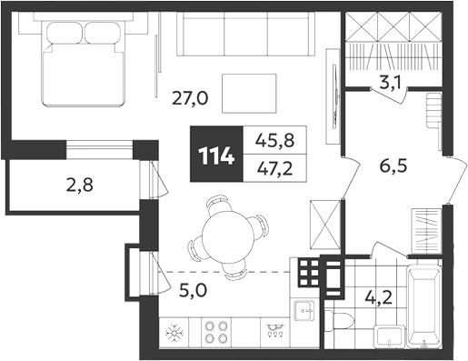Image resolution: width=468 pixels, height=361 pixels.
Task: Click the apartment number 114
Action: click(216, 156)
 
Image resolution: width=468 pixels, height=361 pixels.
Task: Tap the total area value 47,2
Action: click(274, 169)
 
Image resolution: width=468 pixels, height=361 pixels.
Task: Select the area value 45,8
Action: click(274, 140)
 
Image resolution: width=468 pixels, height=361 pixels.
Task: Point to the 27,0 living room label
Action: click(190, 98)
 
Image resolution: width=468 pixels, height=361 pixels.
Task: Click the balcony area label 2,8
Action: click(80, 186)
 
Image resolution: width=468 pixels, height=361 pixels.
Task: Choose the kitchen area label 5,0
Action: click(193, 290)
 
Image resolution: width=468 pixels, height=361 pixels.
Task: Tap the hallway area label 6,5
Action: click(393, 166)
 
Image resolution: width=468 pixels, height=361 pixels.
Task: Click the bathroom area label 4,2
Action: click(379, 298)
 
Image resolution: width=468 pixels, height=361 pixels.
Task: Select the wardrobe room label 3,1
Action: click(390, 82)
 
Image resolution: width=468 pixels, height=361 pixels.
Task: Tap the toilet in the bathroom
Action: click(339, 321)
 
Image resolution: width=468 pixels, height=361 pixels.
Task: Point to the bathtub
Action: click(424, 306)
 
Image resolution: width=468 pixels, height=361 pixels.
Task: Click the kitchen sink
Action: click(304, 310)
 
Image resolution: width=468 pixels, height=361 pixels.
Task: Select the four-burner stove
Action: click(216, 332)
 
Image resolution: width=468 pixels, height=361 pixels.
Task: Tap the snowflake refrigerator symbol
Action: click(174, 333)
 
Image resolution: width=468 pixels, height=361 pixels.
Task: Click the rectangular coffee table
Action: click(249, 94)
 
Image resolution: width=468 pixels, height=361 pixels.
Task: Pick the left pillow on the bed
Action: click(65, 33)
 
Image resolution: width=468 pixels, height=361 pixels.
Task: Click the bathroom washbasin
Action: click(389, 336)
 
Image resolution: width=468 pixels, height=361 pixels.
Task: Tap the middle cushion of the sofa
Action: click(246, 34)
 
